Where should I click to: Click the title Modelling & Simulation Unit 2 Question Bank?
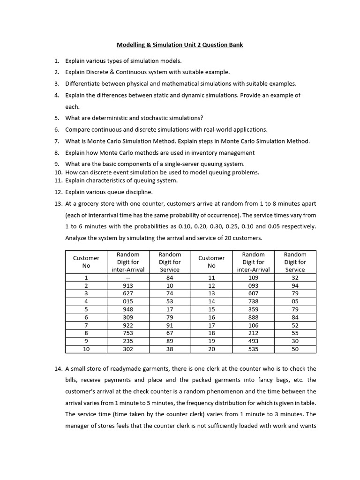click(x=180, y=45)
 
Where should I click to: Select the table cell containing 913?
click(x=128, y=285)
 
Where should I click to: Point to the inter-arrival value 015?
click(x=128, y=301)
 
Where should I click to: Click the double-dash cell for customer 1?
click(x=128, y=277)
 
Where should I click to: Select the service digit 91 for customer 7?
click(x=170, y=325)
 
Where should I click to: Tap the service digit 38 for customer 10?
click(x=170, y=349)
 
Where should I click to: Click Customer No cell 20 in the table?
click(x=211, y=349)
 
